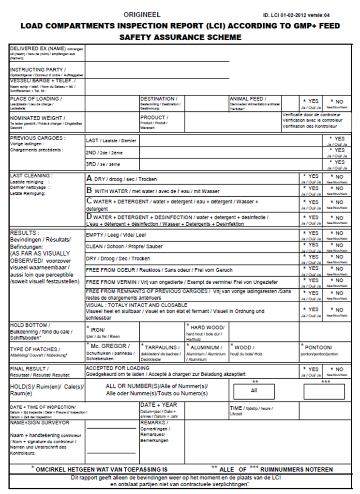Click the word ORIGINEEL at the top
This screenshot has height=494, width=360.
coord(142,15)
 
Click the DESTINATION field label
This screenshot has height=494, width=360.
coord(158,99)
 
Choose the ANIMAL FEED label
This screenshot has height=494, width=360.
coord(246,99)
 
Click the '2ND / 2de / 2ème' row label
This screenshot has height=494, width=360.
coord(105,152)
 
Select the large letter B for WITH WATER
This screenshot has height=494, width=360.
coord(89,190)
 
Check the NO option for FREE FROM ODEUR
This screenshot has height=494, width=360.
coord(337,269)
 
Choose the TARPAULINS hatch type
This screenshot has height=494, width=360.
coord(159,347)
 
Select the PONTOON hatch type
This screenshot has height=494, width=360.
coord(318,347)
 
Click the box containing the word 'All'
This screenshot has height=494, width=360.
coord(254,390)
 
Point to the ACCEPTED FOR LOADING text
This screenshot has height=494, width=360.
coord(118,369)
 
